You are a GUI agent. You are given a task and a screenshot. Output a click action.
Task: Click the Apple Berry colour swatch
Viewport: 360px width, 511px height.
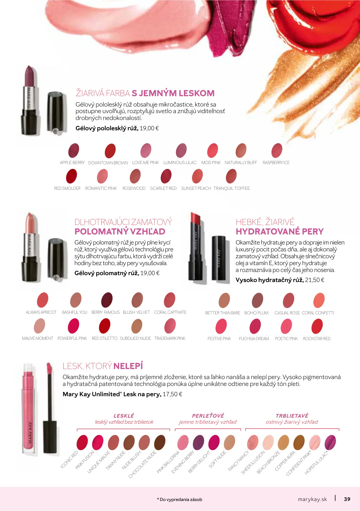tap(74, 150)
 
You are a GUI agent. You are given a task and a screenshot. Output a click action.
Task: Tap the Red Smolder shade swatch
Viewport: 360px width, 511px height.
tap(72, 176)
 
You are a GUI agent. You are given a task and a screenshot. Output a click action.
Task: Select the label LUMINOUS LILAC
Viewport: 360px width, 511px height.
tap(180, 163)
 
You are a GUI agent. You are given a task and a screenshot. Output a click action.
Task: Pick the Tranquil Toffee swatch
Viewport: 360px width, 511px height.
tap(231, 176)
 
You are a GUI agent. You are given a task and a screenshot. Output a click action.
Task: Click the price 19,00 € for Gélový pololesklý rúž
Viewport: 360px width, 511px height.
tap(149, 128)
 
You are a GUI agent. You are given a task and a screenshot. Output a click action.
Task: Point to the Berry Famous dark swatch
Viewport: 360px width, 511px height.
tap(107, 300)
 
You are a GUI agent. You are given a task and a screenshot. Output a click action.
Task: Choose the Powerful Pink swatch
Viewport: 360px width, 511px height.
tap(73, 326)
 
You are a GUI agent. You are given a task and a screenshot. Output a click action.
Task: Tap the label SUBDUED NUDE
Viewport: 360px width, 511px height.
tap(135, 338)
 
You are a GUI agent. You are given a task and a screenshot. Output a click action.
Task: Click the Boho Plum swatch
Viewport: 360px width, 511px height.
tap(257, 300)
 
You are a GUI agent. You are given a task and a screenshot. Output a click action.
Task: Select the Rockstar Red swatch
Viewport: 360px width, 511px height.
tap(317, 326)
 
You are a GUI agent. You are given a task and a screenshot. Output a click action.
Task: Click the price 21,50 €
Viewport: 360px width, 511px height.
tap(315, 280)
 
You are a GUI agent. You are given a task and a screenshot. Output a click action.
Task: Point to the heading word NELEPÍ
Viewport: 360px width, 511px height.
tap(128, 366)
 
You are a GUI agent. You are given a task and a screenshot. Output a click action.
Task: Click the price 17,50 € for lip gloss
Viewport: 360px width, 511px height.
tap(172, 394)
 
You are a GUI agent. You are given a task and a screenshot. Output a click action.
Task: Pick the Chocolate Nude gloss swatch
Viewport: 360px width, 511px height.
tap(160, 443)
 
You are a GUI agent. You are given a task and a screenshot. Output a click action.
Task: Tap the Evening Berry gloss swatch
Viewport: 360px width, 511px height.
tap(198, 443)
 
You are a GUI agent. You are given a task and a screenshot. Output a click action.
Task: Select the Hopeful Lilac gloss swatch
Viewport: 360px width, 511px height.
tap(330, 443)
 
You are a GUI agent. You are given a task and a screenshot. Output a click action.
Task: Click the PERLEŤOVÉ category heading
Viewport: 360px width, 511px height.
tap(208, 416)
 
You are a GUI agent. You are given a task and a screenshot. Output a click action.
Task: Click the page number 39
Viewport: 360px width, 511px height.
tap(347, 499)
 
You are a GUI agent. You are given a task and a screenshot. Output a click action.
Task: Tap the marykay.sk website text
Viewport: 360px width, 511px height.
tap(312, 499)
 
